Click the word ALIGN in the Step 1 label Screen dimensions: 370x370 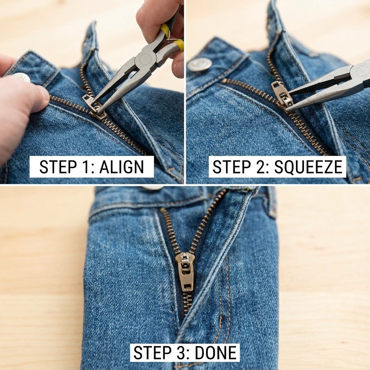click(121, 167)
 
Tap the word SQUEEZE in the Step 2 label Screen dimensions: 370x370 click(309, 167)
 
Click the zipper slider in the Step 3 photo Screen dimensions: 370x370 click(185, 271)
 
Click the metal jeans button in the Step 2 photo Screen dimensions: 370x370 click(199, 64)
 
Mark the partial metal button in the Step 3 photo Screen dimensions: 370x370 click(153, 188)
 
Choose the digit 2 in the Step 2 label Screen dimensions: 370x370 click(261, 167)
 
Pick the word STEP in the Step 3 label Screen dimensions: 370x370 click(152, 353)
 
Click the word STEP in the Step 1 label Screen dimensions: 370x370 click(58, 167)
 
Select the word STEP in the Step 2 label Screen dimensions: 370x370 click(232, 167)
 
